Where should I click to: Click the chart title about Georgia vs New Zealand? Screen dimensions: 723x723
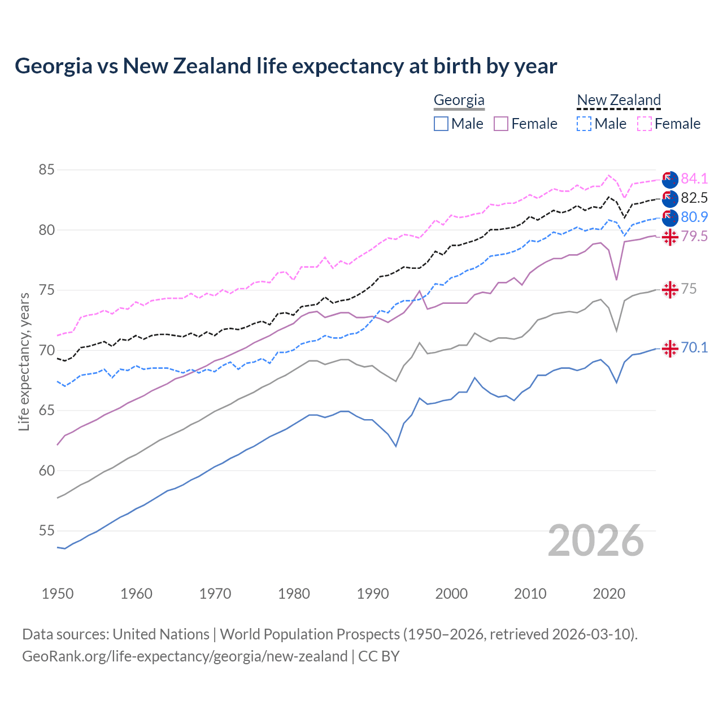point(286,66)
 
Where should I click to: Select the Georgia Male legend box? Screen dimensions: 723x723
point(441,124)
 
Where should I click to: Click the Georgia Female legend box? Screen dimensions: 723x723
point(501,124)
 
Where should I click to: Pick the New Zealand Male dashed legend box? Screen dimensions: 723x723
point(584,124)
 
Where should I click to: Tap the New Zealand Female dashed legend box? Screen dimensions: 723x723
point(644,124)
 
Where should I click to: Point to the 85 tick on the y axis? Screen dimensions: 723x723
point(47,169)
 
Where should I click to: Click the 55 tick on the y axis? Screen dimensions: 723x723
point(47,530)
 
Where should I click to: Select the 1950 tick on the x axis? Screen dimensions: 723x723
point(58,594)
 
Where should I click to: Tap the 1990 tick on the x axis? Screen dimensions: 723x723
point(373,594)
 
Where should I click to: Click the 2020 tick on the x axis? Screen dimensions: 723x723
point(609,594)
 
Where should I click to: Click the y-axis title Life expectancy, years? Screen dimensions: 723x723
point(24,361)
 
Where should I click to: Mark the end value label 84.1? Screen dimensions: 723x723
point(694,178)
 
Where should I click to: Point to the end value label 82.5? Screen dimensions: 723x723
point(694,198)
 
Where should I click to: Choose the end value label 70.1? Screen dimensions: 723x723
point(694,347)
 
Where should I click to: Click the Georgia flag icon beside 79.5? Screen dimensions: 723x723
point(670,237)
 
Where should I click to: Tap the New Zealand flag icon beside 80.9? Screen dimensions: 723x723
point(670,217)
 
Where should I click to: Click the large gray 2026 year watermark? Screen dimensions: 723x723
point(596,541)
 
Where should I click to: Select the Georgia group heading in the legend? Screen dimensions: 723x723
point(459,100)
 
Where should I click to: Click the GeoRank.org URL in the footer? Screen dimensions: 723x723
point(185,656)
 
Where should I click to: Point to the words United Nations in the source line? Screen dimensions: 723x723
point(161,634)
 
